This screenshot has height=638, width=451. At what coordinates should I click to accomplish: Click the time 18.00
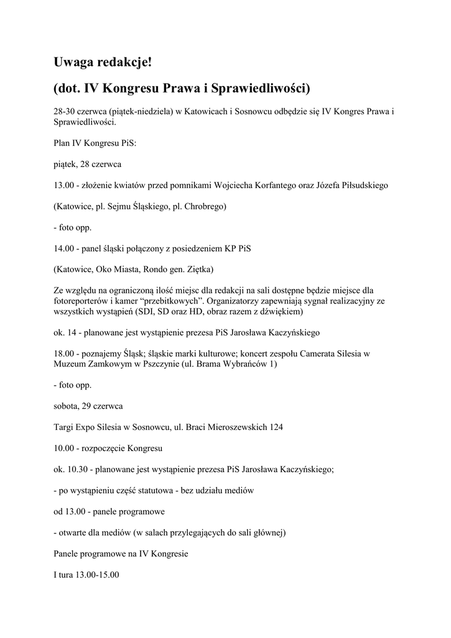pos(64,353)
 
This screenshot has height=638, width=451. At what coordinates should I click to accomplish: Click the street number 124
pos(278,427)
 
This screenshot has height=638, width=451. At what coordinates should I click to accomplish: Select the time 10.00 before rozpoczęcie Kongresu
pos(64,449)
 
